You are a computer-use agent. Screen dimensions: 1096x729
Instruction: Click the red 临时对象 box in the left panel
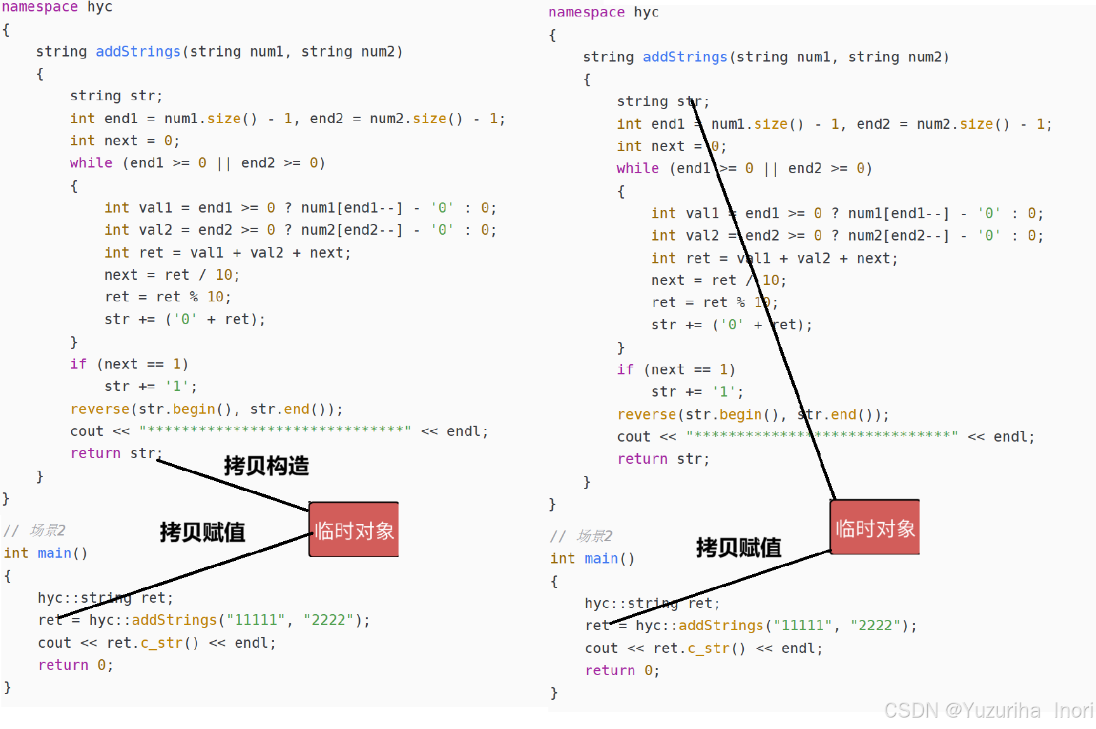pos(353,530)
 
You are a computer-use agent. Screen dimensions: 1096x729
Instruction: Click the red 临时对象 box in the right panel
pos(875,527)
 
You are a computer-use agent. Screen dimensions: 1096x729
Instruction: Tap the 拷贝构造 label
pos(266,466)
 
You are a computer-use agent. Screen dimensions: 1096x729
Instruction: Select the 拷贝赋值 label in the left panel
pos(202,532)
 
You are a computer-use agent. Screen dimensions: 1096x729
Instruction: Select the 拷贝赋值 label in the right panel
pos(738,547)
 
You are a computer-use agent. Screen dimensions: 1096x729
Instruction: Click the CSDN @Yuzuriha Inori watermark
pos(988,710)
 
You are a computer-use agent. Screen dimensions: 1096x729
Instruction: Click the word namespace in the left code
pos(40,7)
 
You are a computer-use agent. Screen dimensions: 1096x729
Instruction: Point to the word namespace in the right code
pos(586,12)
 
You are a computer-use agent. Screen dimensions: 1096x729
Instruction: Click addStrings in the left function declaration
pos(138,51)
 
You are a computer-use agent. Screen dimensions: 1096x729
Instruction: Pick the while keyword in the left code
pos(91,163)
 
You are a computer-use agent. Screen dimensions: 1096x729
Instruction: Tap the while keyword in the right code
pos(637,168)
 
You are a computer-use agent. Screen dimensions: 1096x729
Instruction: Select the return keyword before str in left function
pos(95,453)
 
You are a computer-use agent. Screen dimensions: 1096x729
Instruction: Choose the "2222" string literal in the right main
pos(875,626)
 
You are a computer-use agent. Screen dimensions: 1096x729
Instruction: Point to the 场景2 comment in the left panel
pos(47,530)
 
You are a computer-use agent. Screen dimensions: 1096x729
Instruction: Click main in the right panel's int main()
pos(601,558)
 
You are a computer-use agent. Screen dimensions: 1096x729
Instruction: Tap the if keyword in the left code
pos(78,364)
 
